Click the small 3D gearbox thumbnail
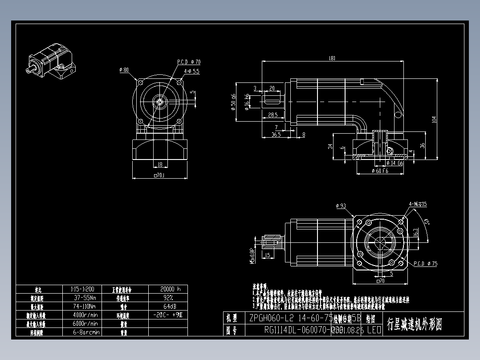[52, 63]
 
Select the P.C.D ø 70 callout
[189, 62]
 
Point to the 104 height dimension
[434, 119]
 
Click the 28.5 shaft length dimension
[273, 115]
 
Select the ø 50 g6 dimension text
[233, 102]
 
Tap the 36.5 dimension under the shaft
[276, 134]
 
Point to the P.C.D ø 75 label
[425, 264]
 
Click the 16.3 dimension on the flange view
[415, 233]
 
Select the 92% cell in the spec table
[167, 297]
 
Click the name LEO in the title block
[374, 331]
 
